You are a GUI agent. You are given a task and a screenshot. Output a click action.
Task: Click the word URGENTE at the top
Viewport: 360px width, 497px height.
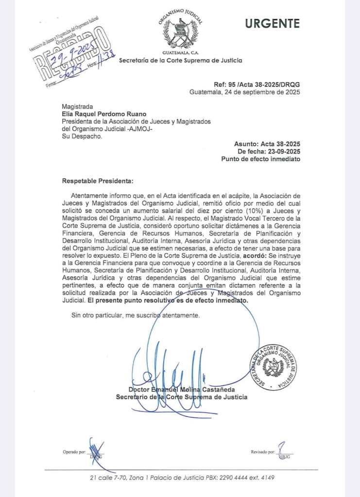[273, 23]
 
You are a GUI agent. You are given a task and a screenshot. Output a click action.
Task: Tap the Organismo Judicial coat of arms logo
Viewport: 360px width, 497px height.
[181, 32]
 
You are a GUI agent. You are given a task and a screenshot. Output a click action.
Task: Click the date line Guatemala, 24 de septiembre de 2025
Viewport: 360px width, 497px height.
[244, 92]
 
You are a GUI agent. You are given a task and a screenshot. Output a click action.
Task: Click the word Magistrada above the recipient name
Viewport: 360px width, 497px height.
[77, 106]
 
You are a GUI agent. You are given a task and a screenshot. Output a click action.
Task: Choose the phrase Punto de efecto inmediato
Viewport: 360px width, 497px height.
[260, 159]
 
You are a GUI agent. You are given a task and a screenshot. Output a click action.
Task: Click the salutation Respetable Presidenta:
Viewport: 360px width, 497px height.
[97, 181]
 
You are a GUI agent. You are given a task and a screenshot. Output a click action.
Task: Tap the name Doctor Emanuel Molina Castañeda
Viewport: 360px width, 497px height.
[181, 389]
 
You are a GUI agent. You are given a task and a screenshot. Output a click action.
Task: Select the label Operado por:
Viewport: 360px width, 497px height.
[76, 452]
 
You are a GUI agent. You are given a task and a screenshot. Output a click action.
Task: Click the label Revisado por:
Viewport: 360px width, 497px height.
[263, 452]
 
